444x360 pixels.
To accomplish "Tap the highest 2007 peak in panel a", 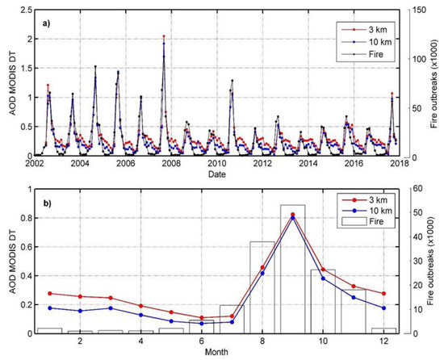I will click(x=164, y=36).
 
